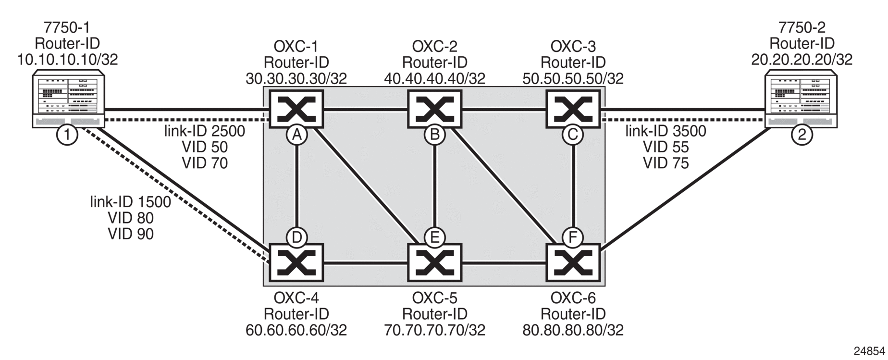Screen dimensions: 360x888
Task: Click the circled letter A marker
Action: pos(297,135)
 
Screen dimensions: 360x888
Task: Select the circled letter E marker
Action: pos(435,237)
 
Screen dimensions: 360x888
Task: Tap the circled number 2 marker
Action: pos(802,135)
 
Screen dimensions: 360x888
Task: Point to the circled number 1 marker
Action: pos(67,135)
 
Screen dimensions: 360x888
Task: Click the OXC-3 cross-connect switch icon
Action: pos(573,109)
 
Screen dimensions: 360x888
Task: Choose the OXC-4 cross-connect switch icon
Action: pos(296,262)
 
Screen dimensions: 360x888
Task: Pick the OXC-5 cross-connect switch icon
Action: pos(434,262)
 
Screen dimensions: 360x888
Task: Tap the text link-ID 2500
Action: pos(205,131)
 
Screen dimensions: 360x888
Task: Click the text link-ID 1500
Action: pos(131,202)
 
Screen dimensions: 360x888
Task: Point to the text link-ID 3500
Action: pos(666,131)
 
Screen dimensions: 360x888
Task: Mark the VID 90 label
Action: pos(131,234)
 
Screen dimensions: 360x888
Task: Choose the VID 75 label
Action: pos(666,163)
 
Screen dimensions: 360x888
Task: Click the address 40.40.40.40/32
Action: pos(434,78)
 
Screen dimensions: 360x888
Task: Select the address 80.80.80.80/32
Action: pos(573,330)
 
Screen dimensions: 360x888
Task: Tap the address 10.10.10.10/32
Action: pos(67,59)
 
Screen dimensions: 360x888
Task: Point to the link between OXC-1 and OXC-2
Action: pos(365,111)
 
